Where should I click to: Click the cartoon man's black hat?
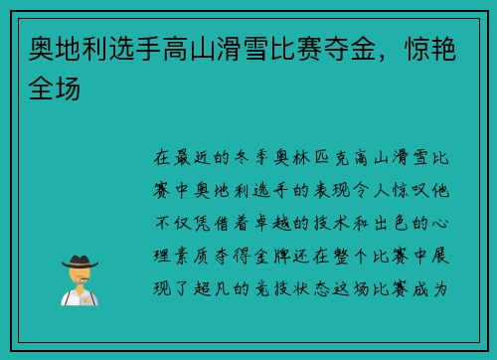pos(80,260)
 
